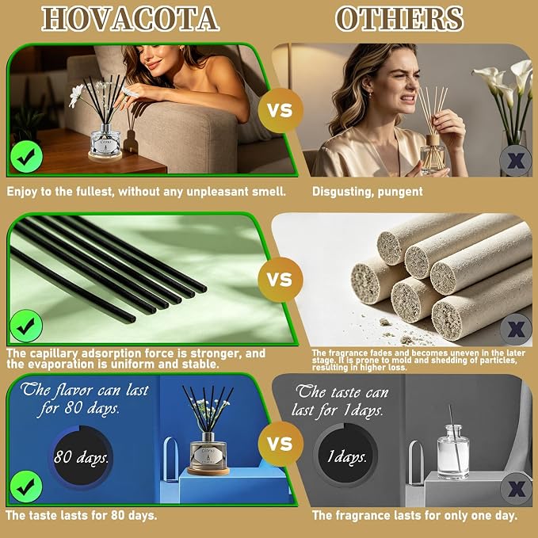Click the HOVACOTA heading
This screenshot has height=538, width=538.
coord(131,19)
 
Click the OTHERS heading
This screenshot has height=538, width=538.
coord(399,19)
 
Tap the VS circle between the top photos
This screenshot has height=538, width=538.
coord(280,110)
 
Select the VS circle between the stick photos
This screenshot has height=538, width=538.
coord(280,280)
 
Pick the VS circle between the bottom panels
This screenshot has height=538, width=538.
coord(280,444)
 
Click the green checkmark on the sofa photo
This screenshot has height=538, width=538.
coord(26,157)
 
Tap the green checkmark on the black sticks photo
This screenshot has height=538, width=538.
coord(26,326)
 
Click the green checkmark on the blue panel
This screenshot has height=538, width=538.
coord(26,486)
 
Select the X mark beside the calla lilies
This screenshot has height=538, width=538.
coord(516,160)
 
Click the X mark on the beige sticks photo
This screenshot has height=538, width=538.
coord(516,330)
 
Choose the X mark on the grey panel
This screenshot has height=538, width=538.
coord(516,489)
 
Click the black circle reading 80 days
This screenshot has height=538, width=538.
coord(82,456)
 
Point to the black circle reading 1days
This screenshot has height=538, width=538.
coord(345,455)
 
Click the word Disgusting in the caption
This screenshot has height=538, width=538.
coord(342,192)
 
